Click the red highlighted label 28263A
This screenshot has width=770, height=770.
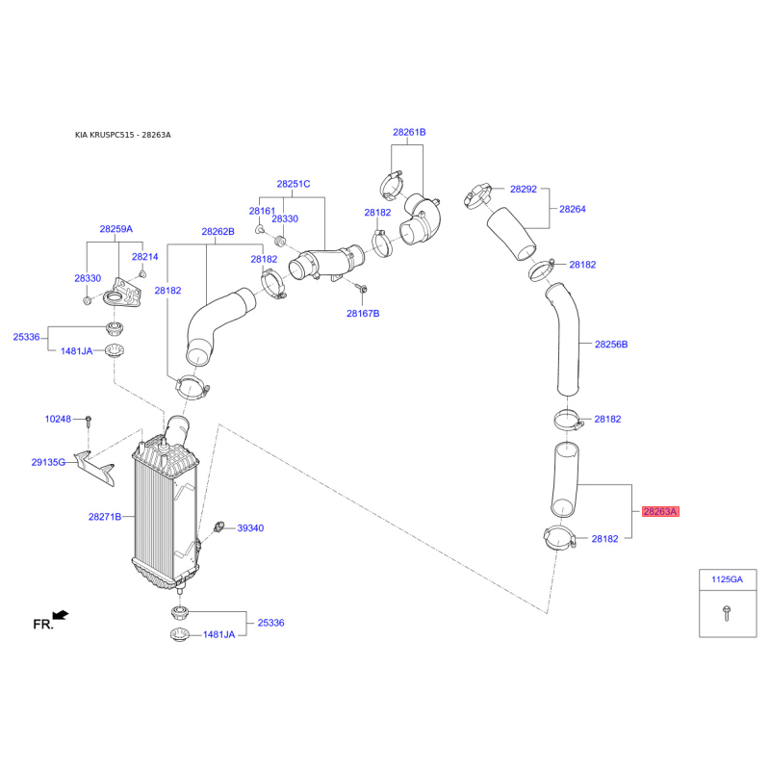660,512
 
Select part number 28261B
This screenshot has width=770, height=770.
409,132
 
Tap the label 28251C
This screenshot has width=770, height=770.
294,184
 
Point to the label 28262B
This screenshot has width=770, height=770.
218,231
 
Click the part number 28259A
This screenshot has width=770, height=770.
115,229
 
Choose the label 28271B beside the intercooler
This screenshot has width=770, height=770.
105,517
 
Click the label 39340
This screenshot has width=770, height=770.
250,527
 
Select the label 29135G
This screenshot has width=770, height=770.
48,462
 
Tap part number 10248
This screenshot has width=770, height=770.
58,419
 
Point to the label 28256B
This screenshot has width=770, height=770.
611,345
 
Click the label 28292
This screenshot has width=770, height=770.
524,189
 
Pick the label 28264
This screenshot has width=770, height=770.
573,209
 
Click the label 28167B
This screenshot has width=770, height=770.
363,314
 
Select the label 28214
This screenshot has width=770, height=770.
145,256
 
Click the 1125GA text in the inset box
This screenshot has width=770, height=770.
728,579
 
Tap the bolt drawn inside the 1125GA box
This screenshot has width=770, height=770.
727,613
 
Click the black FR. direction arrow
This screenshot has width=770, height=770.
61,615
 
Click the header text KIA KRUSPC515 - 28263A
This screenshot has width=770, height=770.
123,135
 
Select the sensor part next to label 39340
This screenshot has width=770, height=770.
218,527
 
